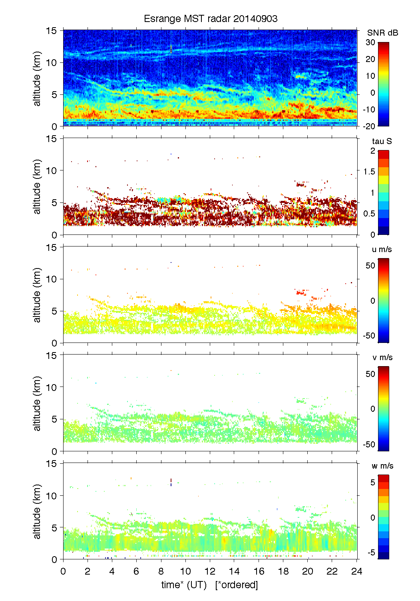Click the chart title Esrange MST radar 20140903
[210, 19]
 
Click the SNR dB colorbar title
[382, 33]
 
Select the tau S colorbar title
[382, 141]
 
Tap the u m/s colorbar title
[382, 249]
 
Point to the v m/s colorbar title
[382, 357]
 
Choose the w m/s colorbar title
[382, 466]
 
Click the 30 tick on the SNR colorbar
[370, 42]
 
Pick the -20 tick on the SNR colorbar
[369, 126]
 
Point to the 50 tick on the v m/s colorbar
[370, 374]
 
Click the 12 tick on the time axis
[210, 571]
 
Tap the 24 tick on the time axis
[357, 571]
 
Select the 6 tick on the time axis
[136, 571]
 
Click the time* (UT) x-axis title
[184, 585]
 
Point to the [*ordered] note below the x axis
[237, 585]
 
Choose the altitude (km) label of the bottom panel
[37, 511]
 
